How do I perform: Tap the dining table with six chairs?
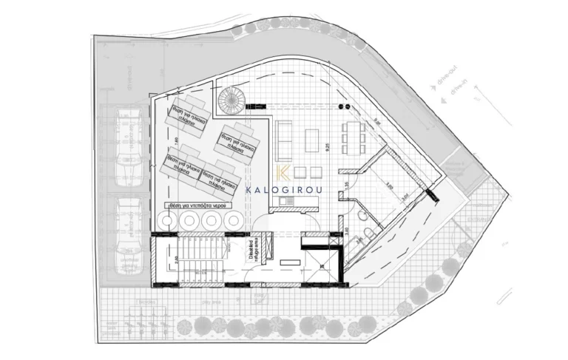(x=352, y=135)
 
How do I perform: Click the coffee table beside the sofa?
(x=309, y=139)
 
